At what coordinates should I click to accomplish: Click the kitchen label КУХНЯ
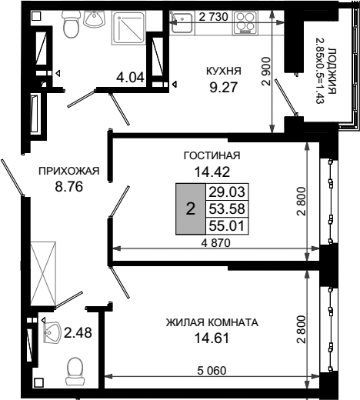224,71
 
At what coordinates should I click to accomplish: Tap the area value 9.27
224,88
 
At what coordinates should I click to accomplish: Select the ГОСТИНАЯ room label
212,155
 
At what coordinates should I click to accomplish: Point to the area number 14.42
212,172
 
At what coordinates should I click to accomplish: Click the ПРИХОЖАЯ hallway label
68,171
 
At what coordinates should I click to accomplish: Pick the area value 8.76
68,186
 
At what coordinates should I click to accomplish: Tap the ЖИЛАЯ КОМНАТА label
212,322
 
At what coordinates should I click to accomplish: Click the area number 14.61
212,338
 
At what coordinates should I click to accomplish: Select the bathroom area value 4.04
130,77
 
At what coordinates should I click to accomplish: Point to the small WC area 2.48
78,333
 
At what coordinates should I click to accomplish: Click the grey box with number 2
191,208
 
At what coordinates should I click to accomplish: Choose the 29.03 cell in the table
227,192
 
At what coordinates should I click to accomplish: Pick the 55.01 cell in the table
227,226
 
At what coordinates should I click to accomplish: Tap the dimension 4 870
215,242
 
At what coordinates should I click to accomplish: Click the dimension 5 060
212,371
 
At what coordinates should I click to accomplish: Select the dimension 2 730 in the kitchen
213,17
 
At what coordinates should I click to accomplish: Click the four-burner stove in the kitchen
245,22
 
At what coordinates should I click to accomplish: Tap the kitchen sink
182,22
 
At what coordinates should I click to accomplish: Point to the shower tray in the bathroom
128,28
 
